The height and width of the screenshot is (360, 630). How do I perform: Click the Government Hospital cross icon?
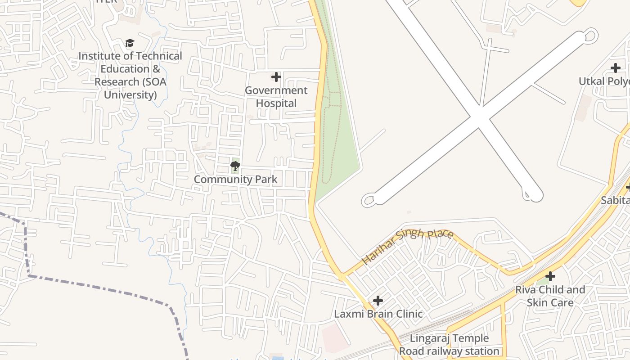pyautogui.click(x=276, y=77)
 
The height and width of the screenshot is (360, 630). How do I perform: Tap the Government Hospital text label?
pyautogui.click(x=276, y=97)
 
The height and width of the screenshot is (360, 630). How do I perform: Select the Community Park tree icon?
pyautogui.click(x=235, y=166)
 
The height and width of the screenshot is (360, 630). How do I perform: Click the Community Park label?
pyautogui.click(x=235, y=180)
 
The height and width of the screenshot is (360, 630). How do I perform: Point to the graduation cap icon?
pyautogui.click(x=130, y=43)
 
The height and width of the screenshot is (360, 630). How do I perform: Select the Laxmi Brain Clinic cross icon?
pyautogui.click(x=378, y=300)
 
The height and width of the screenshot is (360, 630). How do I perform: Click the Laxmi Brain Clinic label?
pyautogui.click(x=378, y=314)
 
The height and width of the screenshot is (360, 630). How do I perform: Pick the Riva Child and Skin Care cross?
pyautogui.click(x=550, y=276)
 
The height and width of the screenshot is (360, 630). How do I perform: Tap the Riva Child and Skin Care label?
pyautogui.click(x=550, y=296)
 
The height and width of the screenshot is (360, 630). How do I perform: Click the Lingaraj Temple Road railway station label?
pyautogui.click(x=449, y=345)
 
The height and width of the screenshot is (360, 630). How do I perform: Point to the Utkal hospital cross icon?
pyautogui.click(x=615, y=68)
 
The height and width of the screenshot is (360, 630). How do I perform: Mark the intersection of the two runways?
pyautogui.click(x=480, y=117)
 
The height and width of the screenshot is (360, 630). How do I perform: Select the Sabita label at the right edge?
pyautogui.click(x=615, y=200)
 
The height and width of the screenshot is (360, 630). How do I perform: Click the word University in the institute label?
pyautogui.click(x=130, y=95)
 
